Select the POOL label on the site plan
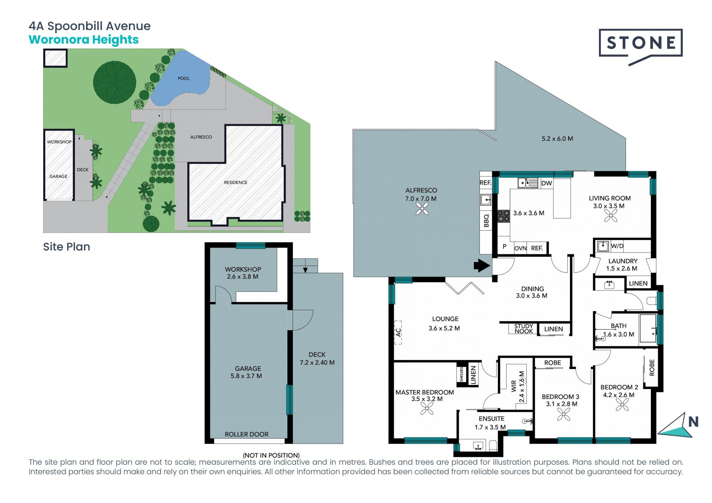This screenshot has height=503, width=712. click(184, 78)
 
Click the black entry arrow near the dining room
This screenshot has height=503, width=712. click(482, 265)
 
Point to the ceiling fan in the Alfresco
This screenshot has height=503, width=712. click(422, 209)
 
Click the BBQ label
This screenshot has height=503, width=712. click(486, 221)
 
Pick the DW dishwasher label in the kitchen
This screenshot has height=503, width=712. click(547, 183)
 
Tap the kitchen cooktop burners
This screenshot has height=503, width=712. click(504, 216)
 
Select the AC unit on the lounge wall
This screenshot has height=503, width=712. click(398, 332)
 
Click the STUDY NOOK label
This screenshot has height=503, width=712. click(524, 329)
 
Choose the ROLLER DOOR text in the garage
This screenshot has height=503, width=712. click(247, 434)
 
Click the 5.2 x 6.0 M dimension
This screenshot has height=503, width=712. click(557, 139)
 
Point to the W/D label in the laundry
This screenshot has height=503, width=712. click(617, 246)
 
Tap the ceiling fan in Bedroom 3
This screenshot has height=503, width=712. click(564, 414)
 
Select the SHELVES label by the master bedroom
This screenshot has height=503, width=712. click(462, 374)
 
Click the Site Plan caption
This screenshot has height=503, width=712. click(67, 247)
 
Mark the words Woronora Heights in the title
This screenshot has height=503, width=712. click(84, 40)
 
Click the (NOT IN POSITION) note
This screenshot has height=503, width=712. click(271, 455)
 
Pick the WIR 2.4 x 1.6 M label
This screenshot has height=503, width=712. click(518, 387)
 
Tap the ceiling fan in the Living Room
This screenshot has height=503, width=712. click(611, 215)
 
